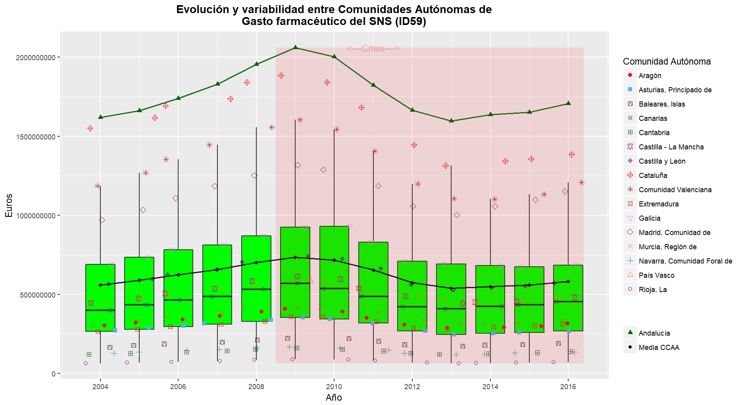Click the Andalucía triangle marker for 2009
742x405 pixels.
click(x=295, y=47)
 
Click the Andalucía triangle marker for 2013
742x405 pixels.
click(x=451, y=120)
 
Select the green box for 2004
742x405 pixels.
click(x=100, y=297)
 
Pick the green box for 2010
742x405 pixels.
click(x=334, y=272)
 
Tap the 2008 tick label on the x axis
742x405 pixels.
click(x=256, y=387)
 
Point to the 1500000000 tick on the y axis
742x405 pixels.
click(x=36, y=137)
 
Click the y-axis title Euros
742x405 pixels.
click(x=9, y=205)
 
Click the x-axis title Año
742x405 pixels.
click(x=334, y=397)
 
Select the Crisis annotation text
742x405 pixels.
click(x=373, y=48)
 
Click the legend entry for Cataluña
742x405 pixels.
click(x=653, y=175)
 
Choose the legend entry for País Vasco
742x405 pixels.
click(x=656, y=275)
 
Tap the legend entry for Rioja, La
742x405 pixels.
click(x=652, y=289)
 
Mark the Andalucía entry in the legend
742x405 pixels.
click(x=654, y=333)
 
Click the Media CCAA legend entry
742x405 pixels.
click(x=659, y=347)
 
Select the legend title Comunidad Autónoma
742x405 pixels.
click(x=667, y=61)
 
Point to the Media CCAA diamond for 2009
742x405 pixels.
click(x=295, y=257)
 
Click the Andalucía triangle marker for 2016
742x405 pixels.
click(x=568, y=103)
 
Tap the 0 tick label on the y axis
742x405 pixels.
click(x=54, y=374)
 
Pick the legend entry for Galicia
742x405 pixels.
click(x=649, y=218)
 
